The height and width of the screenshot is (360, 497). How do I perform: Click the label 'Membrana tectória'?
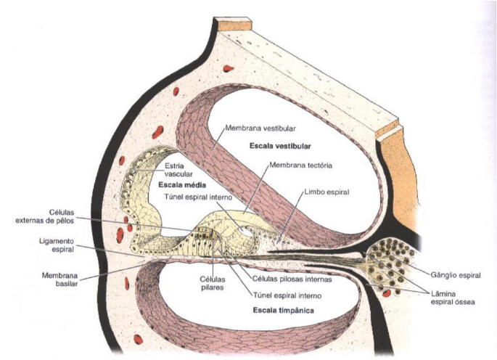(x=300, y=165)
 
